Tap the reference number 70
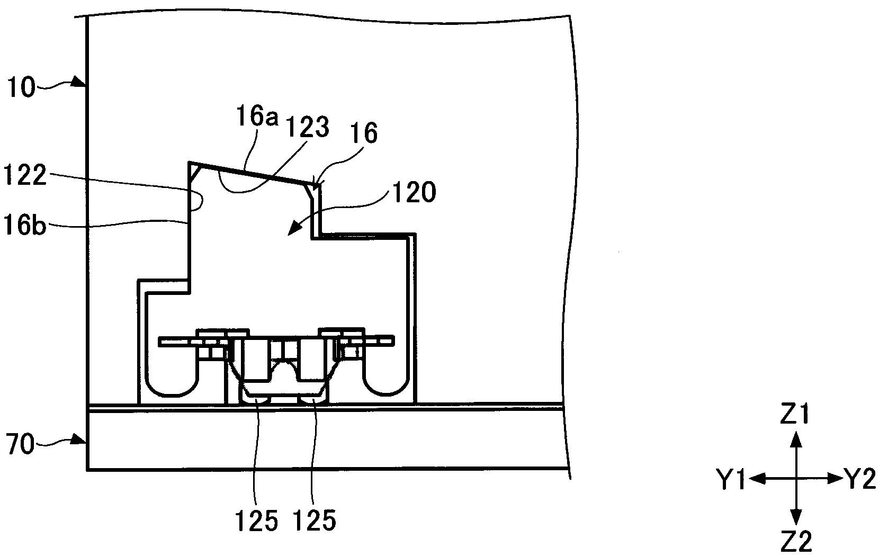point(21,445)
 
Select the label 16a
point(257,116)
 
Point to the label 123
point(307,127)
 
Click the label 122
point(24,175)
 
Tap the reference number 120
point(415,192)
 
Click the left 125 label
point(256,521)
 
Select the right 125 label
point(315,521)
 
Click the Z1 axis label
point(794,414)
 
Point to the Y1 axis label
point(731,480)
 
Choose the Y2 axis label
point(860,480)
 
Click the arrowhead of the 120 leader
point(293,230)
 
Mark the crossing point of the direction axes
point(795,478)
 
